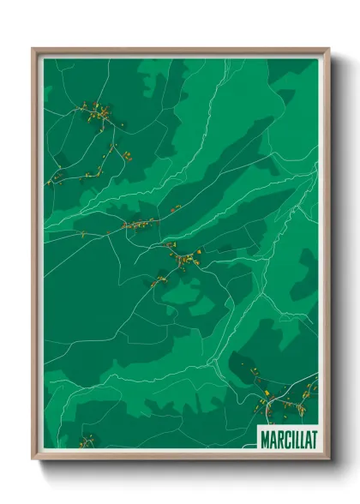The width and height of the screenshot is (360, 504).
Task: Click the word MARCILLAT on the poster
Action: (x=288, y=439)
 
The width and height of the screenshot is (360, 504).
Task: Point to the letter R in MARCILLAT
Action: (x=277, y=439)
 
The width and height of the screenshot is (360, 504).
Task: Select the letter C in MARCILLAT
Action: (x=285, y=439)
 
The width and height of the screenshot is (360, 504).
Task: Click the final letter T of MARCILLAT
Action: (x=313, y=439)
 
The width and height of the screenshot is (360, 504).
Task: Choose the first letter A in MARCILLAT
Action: (x=271, y=439)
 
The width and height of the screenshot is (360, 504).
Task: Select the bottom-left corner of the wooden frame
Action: (x=33, y=459)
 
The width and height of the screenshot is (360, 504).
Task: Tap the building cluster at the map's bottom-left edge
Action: (x=86, y=442)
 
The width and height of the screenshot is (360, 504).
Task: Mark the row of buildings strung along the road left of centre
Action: (x=141, y=225)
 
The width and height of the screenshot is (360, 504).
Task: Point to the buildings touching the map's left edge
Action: (x=57, y=178)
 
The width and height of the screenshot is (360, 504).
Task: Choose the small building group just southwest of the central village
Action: (x=158, y=279)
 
